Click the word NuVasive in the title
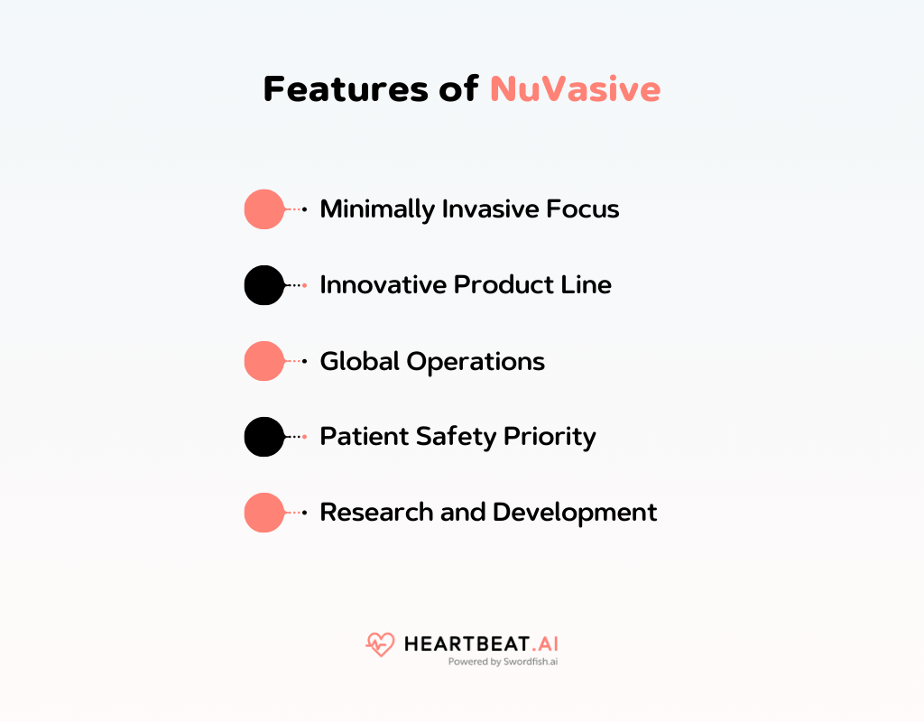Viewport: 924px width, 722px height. point(575,89)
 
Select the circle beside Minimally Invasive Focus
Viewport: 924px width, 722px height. point(263,209)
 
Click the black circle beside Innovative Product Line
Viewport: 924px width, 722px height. point(263,285)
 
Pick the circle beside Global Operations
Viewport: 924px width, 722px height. point(263,361)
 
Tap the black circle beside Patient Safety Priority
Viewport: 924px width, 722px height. point(263,437)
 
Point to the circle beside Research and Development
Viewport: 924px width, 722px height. point(263,513)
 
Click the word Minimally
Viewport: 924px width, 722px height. point(377,209)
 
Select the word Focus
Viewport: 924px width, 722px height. point(583,209)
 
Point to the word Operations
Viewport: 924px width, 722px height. point(476,361)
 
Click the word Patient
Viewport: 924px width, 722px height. point(364,437)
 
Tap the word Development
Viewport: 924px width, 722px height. point(575,513)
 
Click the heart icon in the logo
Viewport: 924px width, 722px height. point(380,644)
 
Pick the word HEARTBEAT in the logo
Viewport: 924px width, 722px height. point(465,644)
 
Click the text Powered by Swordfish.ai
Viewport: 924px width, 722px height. point(504,662)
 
